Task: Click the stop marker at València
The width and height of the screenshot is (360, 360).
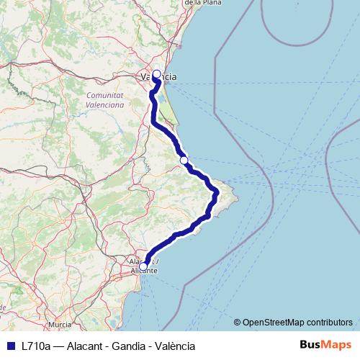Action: [156, 73]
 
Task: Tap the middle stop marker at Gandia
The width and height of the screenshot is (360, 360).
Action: [184, 160]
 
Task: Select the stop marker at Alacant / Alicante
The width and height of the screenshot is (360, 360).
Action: [143, 266]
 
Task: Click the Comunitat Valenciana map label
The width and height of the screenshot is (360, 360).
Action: [105, 99]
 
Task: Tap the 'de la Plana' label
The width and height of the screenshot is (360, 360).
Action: [202, 3]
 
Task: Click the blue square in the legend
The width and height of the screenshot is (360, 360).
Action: [10, 346]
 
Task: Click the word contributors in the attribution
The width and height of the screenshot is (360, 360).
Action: [329, 322]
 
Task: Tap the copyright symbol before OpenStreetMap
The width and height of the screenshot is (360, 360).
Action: [238, 322]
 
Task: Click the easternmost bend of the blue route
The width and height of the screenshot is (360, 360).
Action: [217, 192]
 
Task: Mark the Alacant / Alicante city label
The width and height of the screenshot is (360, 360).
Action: [143, 265]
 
